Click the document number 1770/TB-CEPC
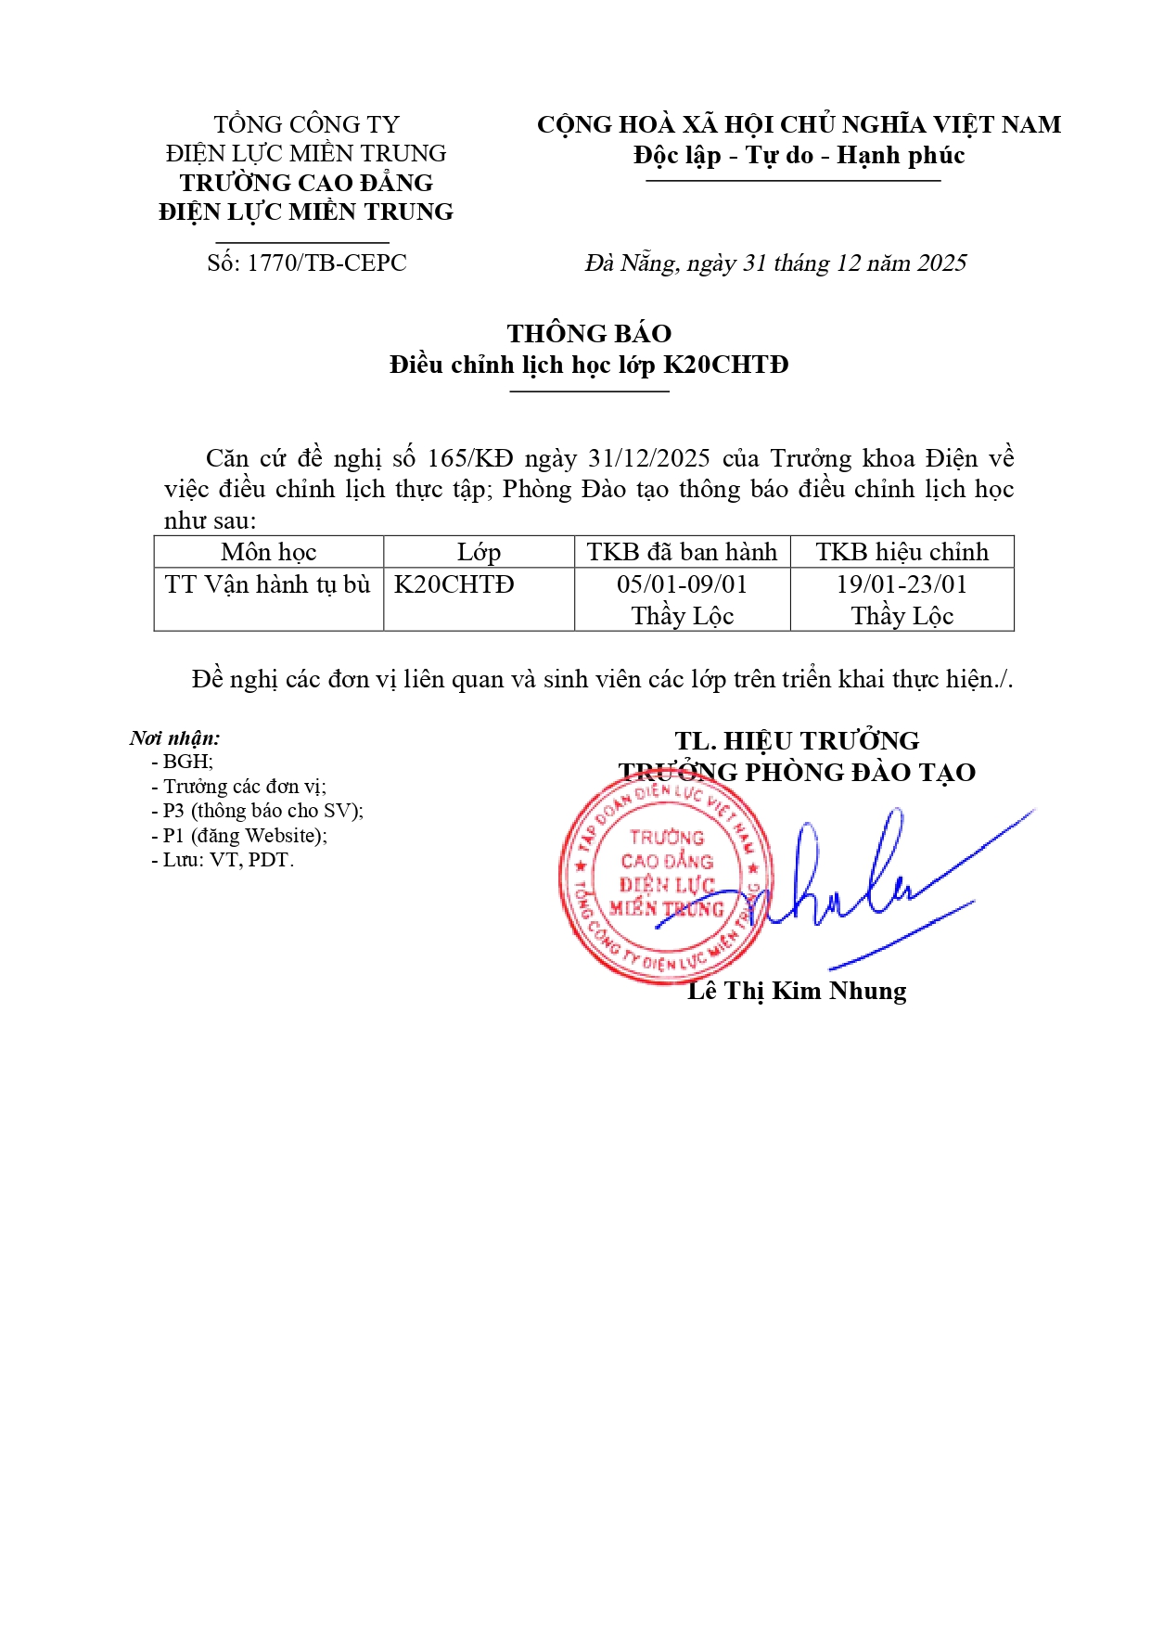pos(326,263)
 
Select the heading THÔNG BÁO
pos(589,333)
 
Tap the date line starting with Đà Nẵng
pos(775,263)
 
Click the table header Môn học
pos(269,552)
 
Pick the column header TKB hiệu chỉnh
pos(902,552)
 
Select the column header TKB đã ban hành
pos(682,552)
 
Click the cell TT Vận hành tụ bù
pos(267,584)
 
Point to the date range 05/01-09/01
pos(682,584)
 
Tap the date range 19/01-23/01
pos(902,584)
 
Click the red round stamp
pos(665,878)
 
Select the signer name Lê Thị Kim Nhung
pos(797,991)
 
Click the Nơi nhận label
pos(175,738)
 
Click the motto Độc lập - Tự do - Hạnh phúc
pos(799,155)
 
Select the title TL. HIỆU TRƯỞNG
pos(797,741)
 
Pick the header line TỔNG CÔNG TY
pos(306,124)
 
